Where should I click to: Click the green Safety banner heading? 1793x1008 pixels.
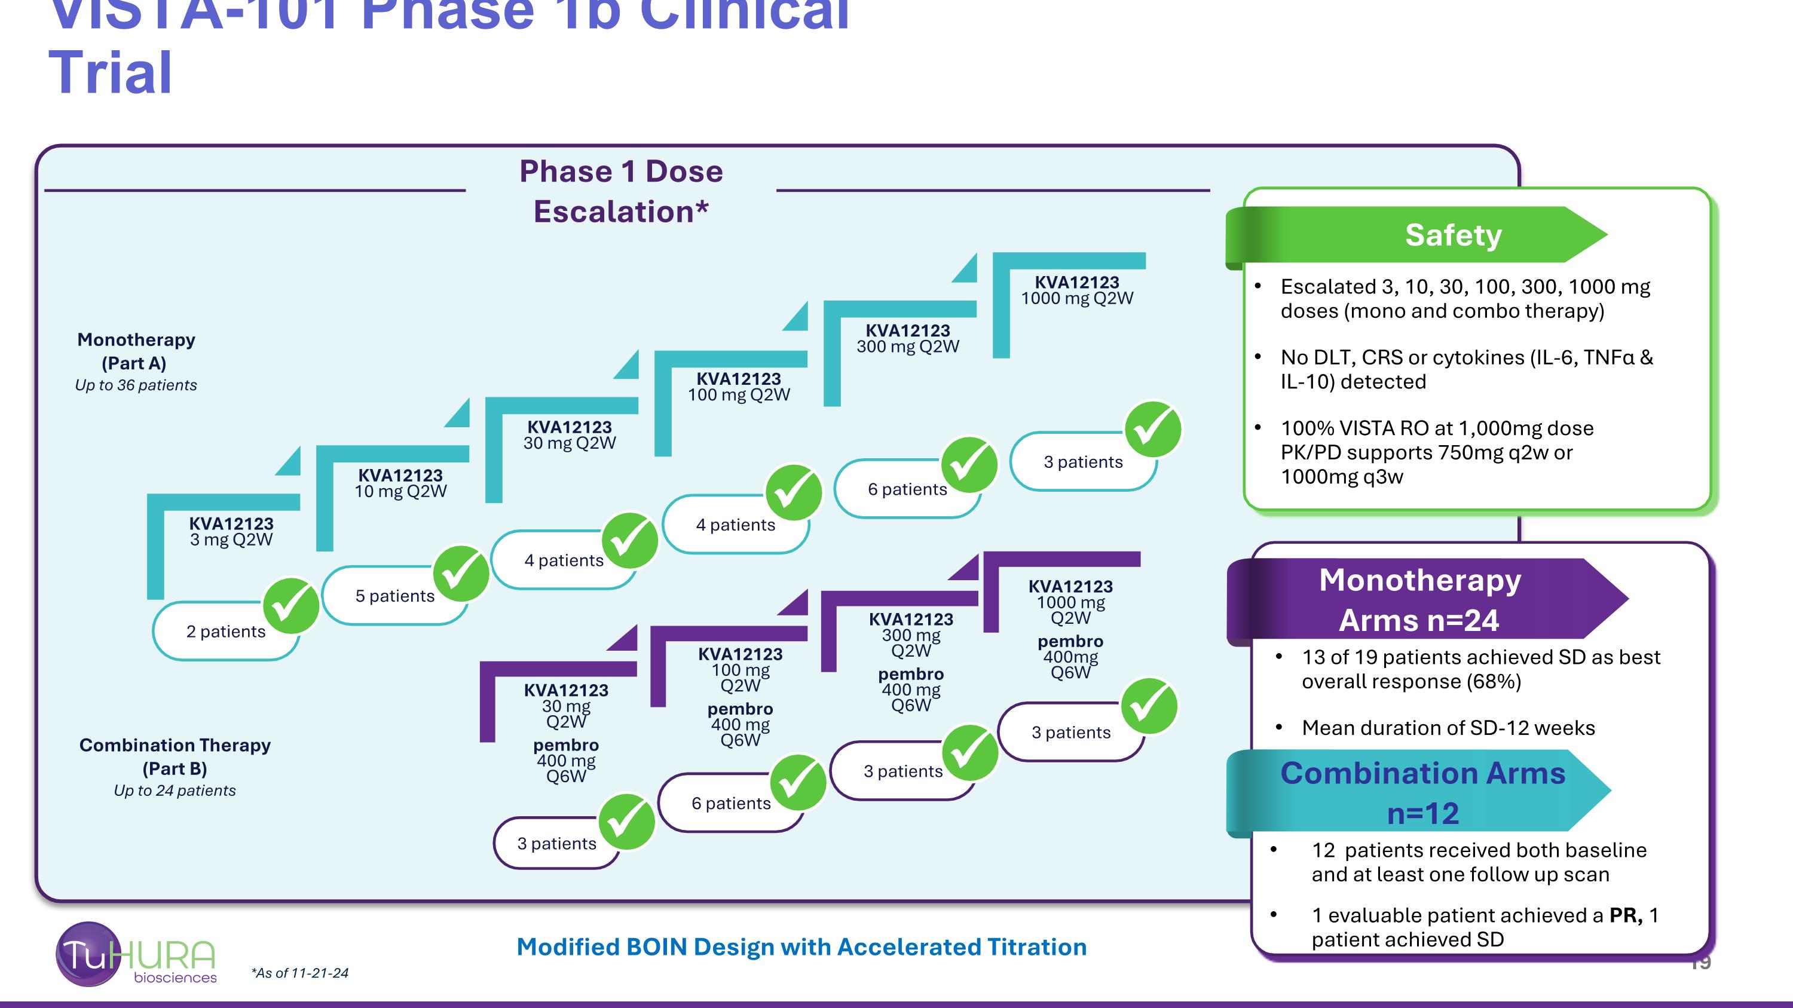tap(1453, 235)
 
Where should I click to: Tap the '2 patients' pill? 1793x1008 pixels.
tap(225, 632)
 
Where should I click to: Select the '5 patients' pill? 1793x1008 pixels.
tap(394, 596)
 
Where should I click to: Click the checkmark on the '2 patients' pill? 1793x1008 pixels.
tap(291, 605)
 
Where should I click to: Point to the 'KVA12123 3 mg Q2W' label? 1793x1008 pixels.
tap(231, 531)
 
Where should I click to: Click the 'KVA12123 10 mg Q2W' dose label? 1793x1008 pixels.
tap(400, 483)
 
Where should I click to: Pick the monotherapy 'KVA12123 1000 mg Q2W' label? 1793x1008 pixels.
tap(1077, 290)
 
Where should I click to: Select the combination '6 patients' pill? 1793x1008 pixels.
tap(731, 804)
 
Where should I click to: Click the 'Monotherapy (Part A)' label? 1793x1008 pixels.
tap(136, 351)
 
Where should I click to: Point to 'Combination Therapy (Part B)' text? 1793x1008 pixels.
tap(175, 756)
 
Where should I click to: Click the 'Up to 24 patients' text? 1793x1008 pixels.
tap(175, 791)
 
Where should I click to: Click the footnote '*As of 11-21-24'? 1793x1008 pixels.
tap(299, 973)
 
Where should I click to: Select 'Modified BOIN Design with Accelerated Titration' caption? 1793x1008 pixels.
tap(801, 948)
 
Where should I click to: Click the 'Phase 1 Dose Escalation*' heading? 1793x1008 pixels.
tap(621, 191)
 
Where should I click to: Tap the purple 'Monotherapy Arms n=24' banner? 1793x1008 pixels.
tap(1420, 600)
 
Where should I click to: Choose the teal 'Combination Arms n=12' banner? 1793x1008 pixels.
tap(1422, 793)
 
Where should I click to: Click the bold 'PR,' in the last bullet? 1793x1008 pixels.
tap(1625, 915)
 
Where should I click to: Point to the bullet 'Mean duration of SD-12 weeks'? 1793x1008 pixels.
tap(1448, 728)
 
